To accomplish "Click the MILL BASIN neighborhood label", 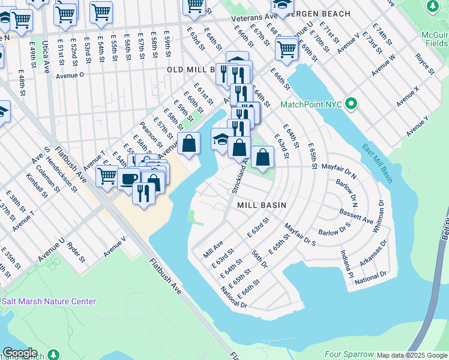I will [261, 205].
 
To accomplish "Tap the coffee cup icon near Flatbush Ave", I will [128, 178].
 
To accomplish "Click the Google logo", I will [20, 353].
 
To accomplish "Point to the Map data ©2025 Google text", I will [412, 355].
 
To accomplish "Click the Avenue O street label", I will [70, 76].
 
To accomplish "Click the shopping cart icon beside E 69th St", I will [287, 49].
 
